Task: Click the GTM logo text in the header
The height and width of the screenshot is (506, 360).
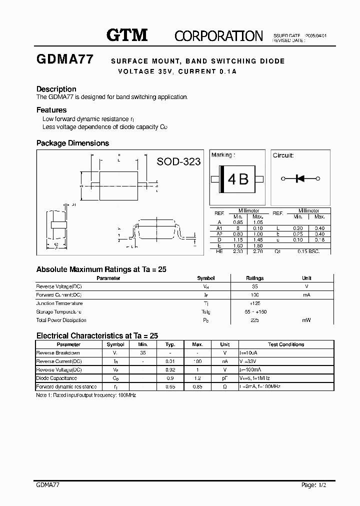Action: [x=127, y=34]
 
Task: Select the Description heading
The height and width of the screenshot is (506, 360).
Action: [x=56, y=89]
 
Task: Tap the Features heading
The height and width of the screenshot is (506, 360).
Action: [x=51, y=110]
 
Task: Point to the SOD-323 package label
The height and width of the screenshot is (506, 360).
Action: [x=178, y=161]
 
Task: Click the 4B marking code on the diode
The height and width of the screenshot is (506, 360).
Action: [x=238, y=179]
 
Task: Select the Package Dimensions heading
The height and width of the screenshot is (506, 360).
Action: [x=72, y=143]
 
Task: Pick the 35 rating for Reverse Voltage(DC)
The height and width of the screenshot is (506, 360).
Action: [x=255, y=286]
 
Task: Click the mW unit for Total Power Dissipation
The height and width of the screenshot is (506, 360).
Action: [x=306, y=320]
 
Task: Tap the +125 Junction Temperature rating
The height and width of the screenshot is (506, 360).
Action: [x=255, y=303]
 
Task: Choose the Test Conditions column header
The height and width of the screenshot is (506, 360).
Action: [x=286, y=344]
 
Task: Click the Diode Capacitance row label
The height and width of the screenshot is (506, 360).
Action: [x=56, y=378]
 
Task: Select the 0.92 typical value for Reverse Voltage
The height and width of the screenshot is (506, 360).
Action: [x=170, y=370]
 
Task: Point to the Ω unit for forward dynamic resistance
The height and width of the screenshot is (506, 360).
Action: [x=225, y=387]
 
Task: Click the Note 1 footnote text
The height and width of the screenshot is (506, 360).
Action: [x=86, y=395]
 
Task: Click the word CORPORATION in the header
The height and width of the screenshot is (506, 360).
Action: [x=218, y=35]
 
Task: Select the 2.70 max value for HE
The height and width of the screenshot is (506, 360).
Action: [x=257, y=251]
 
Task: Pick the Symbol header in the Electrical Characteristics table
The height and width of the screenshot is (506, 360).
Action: [x=116, y=344]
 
